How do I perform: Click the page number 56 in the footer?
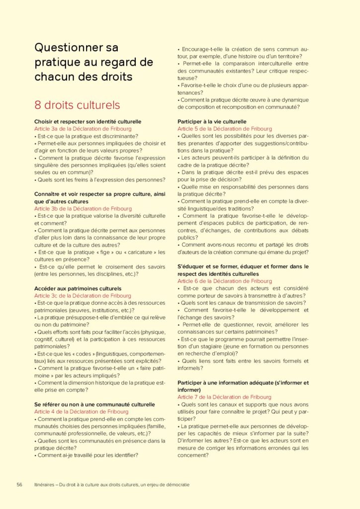(19, 484)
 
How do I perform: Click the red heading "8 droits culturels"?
(77, 105)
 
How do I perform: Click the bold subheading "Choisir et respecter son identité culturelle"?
(88, 121)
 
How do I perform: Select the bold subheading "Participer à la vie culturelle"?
(212, 121)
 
